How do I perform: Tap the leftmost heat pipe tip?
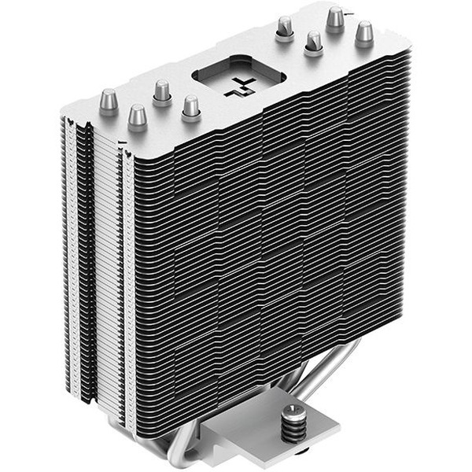click(109, 102)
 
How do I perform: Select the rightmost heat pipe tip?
click(363, 33)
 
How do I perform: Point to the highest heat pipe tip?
click(336, 17)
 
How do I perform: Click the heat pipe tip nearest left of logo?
click(190, 106)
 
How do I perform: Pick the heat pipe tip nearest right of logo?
click(283, 29)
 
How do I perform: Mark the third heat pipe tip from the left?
click(162, 92)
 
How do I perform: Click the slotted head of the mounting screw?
click(293, 411)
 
